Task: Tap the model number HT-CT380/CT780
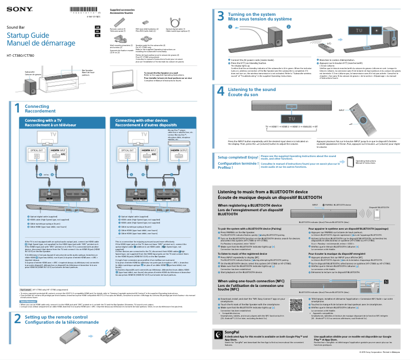point(20,55)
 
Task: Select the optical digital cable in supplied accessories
point(175,22)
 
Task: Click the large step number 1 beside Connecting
point(16,109)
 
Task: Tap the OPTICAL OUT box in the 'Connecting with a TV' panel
point(36,153)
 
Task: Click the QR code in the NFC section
point(296,304)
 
